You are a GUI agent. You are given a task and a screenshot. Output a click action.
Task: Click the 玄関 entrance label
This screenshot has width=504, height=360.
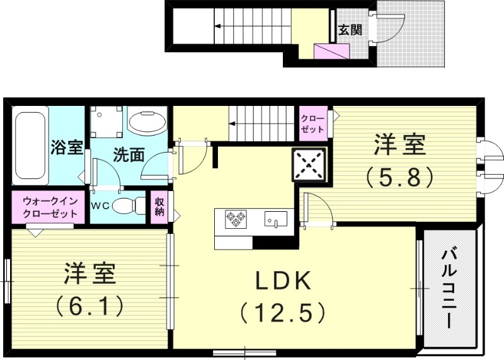pos(350,30)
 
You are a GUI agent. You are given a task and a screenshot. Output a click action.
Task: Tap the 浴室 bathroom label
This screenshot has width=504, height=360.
pos(66,148)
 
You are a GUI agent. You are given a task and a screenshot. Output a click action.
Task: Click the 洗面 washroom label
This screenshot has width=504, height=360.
pos(129,154)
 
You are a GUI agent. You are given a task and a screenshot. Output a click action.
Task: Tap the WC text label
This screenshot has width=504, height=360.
pos(101,206)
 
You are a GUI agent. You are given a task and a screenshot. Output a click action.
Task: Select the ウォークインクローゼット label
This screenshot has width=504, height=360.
pos(50,207)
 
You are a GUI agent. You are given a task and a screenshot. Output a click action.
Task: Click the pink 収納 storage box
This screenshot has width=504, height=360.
pos(160,206)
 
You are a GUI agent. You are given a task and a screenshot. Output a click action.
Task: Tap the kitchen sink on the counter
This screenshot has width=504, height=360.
pos(275,219)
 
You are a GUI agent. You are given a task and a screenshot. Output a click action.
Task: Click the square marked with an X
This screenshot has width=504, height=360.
pos(309,165)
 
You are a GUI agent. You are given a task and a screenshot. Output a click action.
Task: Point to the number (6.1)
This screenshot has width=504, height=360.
pos(88,307)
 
